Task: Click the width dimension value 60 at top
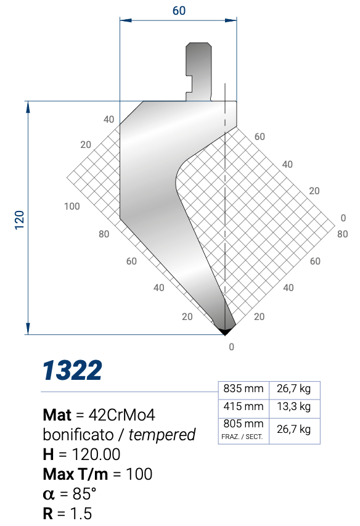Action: click(179, 10)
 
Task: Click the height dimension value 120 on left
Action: click(19, 218)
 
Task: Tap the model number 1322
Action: click(72, 371)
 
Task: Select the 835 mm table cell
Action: click(243, 389)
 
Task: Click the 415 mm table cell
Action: click(243, 407)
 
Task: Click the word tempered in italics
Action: click(163, 434)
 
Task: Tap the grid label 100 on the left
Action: click(72, 206)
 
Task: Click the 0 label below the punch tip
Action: click(231, 347)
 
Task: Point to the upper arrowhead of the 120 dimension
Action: click(28, 107)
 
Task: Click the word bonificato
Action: click(83, 434)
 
